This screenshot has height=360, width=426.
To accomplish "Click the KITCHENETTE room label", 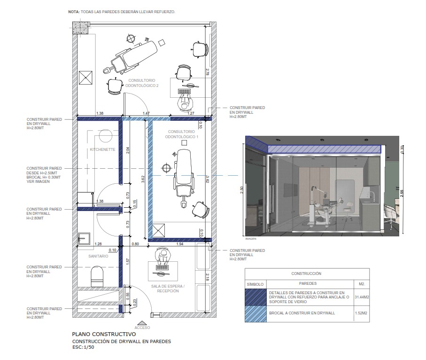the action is [x=102, y=149].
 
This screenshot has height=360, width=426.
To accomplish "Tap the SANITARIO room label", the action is [x=98, y=256].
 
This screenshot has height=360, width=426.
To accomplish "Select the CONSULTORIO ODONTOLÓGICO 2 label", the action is [x=142, y=83].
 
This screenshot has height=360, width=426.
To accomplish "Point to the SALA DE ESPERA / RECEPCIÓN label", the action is [x=168, y=289].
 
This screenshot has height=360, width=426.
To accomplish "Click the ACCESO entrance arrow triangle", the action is [x=142, y=323].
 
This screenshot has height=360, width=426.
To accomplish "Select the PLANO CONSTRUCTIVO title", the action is [x=104, y=334].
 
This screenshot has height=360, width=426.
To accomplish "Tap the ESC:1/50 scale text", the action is [x=83, y=347].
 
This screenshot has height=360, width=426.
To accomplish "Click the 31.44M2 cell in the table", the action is [x=362, y=297].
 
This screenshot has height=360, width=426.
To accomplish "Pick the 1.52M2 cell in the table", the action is [x=361, y=313].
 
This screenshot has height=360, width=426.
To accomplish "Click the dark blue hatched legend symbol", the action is [x=256, y=297].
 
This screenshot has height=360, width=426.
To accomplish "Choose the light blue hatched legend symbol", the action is [x=256, y=314].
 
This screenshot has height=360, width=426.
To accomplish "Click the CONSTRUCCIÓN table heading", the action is [x=306, y=274].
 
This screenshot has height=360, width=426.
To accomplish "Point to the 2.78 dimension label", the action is [x=208, y=72].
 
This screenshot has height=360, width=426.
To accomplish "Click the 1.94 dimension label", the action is [x=180, y=244].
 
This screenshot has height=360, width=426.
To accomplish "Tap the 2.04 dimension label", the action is [x=128, y=150].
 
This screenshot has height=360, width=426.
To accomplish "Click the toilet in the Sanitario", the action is [x=97, y=276].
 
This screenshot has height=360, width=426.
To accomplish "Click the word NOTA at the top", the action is [x=74, y=12].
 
